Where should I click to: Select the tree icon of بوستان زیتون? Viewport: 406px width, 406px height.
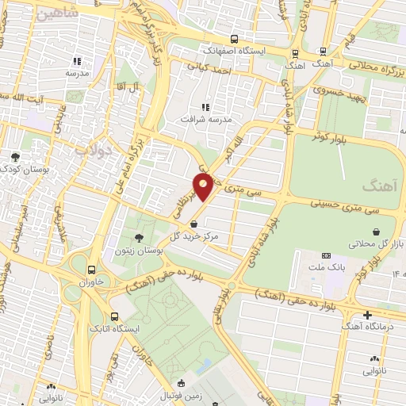140,237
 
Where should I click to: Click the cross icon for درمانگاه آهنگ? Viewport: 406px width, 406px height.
366,315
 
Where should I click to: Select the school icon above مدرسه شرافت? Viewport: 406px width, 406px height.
205,107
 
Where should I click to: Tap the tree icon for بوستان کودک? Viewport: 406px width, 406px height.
15,156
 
